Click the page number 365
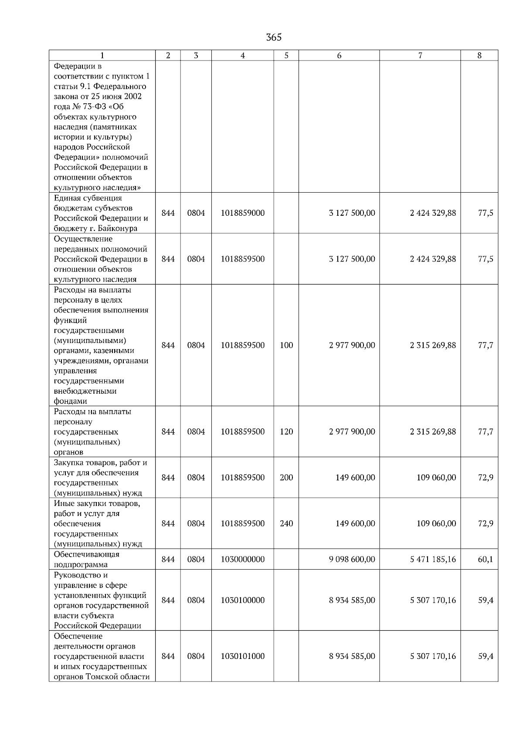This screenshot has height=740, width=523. point(274,37)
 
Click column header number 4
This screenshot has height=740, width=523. point(242,55)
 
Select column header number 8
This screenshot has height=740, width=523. point(479,55)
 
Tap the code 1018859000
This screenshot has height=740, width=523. point(242,213)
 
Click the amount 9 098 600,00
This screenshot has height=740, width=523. point(352,559)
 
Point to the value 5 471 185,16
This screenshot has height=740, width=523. point(433,559)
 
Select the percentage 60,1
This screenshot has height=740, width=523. point(485,559)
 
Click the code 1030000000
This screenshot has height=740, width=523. point(242,559)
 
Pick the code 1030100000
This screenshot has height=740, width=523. point(242,600)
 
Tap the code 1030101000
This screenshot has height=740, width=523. point(242,656)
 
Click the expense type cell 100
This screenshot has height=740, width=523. point(286,345)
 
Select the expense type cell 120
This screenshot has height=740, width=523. point(286,431)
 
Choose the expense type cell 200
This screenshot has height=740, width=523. point(286,478)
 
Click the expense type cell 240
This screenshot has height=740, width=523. point(286,523)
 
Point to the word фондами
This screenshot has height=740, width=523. point(70,401)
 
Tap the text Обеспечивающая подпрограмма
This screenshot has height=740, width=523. point(86,560)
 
